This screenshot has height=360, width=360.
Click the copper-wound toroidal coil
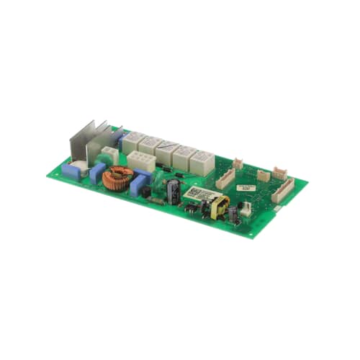pos(117,177)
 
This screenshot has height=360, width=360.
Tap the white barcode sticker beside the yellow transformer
pos(195,193)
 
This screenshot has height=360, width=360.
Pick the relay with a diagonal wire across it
pos(167,150)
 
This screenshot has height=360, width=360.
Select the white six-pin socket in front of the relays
pos(141,161)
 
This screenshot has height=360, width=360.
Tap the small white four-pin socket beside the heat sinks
pos(109,153)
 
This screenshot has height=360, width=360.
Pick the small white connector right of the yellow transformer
pos(245,209)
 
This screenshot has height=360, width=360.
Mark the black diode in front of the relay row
pos(167,171)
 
